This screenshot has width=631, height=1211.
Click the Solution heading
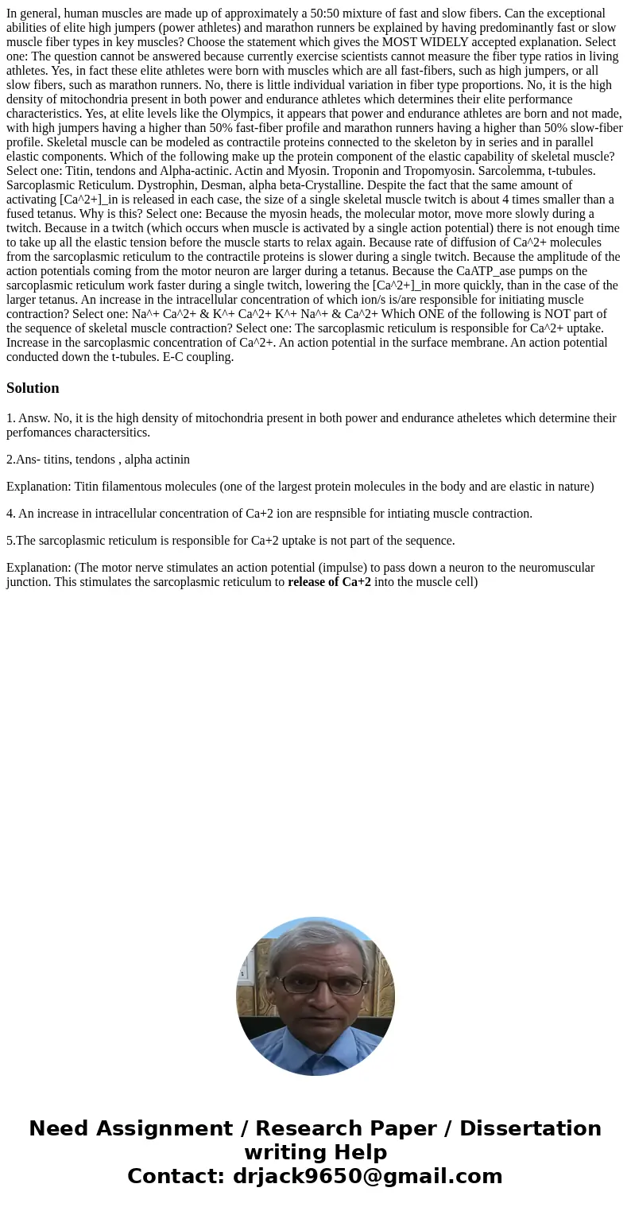point(33,388)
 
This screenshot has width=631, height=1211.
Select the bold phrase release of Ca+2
point(329,581)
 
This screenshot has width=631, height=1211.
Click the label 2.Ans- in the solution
point(24,460)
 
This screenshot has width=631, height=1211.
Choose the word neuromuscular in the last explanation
point(557,568)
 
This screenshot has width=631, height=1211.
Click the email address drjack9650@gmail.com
point(367,1177)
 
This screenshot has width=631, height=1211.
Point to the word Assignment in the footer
point(164,1129)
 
